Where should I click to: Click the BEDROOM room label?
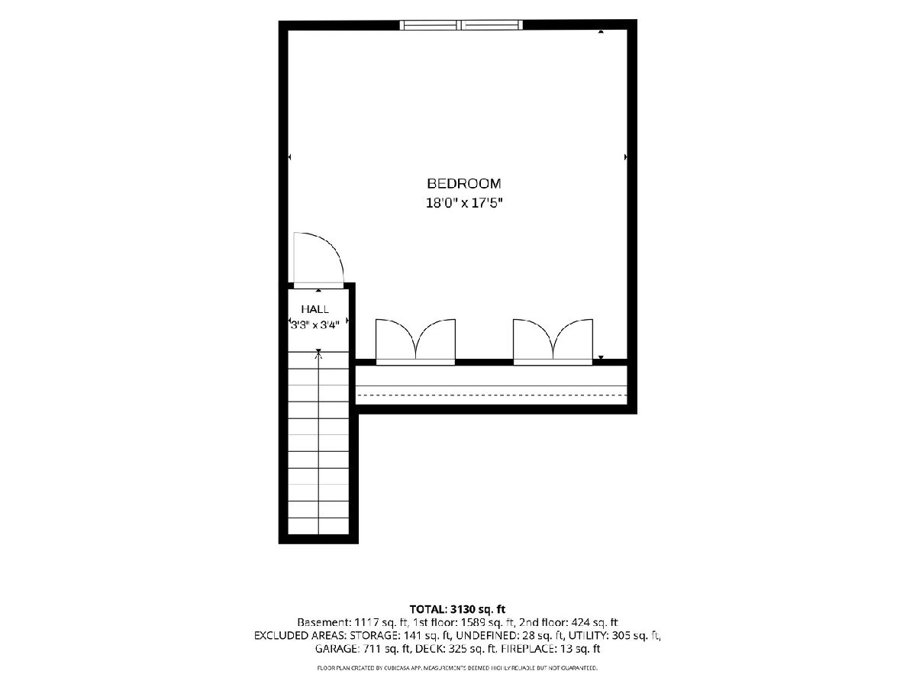click(x=463, y=183)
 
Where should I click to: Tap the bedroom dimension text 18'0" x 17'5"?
click(x=463, y=203)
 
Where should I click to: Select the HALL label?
click(x=314, y=309)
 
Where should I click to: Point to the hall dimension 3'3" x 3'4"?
click(x=314, y=324)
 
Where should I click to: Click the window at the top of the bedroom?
click(x=461, y=25)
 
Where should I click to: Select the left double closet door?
click(x=416, y=342)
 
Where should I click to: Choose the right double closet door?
click(x=553, y=342)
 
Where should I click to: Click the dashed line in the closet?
click(x=492, y=395)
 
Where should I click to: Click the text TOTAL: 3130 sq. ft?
click(x=457, y=609)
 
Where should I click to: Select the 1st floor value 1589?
click(x=472, y=623)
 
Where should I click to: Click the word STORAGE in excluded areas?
click(x=373, y=636)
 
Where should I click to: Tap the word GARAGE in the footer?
click(x=336, y=649)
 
